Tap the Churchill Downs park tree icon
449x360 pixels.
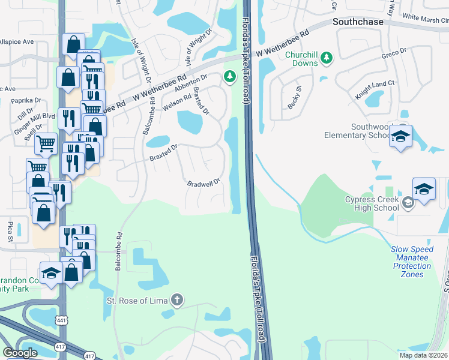[326, 58]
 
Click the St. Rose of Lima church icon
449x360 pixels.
[177, 299]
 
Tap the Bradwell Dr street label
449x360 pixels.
[205, 183]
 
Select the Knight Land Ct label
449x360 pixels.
[375, 89]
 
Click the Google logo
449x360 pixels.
[20, 353]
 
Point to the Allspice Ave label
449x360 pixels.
[17, 43]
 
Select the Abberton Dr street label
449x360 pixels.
[191, 83]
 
